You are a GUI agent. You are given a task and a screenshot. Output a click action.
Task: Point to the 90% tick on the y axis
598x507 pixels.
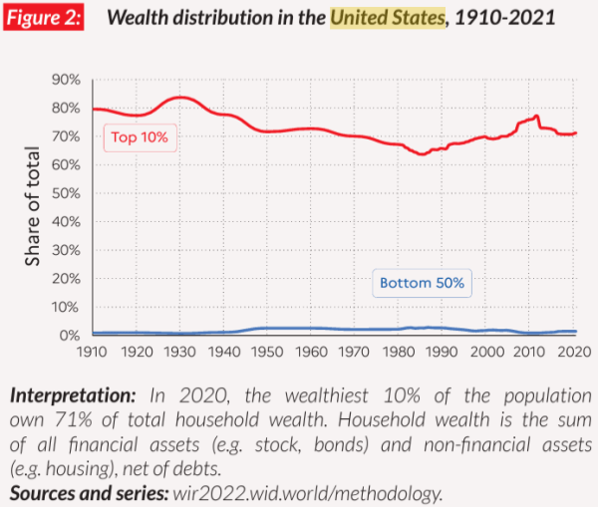click(x=67, y=80)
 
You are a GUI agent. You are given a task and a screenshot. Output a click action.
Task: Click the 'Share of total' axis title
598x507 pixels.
click(x=33, y=207)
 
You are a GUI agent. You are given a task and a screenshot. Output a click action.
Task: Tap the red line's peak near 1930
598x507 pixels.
click(x=179, y=97)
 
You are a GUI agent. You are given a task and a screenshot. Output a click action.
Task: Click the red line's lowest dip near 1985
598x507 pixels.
click(x=422, y=153)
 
